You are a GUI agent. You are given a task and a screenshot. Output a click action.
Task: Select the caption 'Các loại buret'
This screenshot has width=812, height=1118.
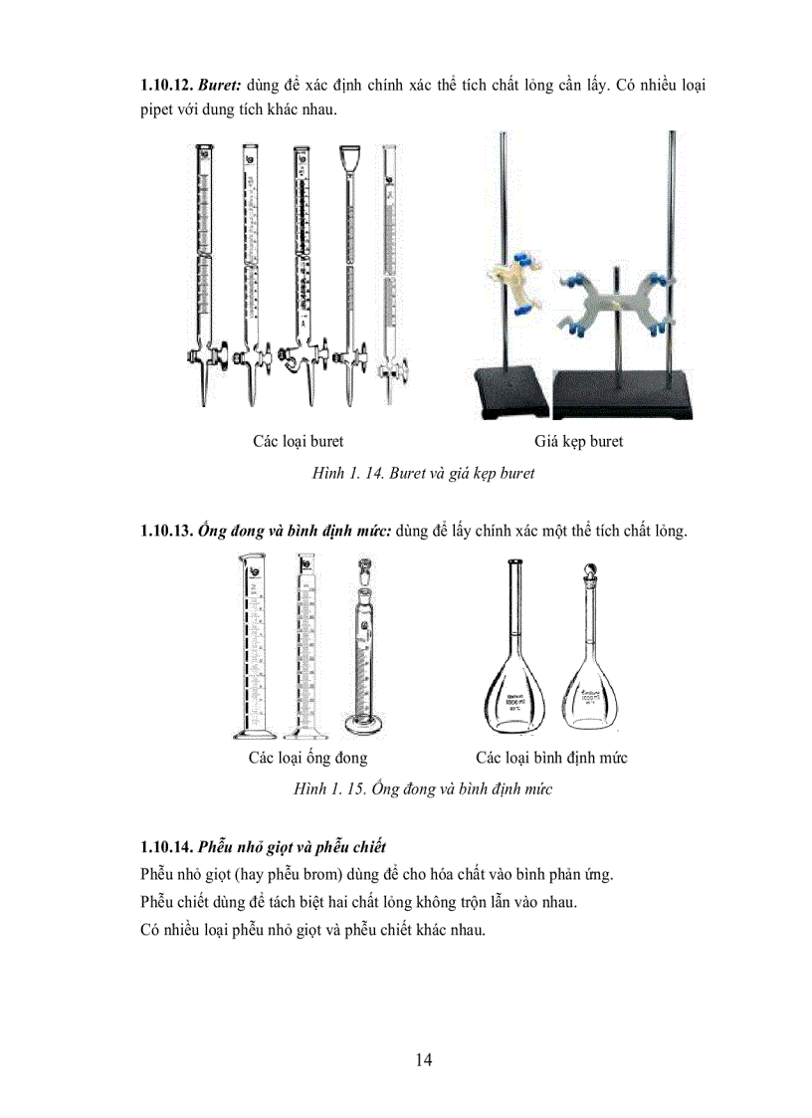click(x=299, y=441)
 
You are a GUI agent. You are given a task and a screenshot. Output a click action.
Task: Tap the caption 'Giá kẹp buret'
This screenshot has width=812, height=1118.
click(x=578, y=441)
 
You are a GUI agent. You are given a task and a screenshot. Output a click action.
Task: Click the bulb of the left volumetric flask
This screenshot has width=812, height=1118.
click(x=514, y=696)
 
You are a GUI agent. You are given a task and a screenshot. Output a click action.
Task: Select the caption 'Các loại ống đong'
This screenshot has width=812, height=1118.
click(x=307, y=758)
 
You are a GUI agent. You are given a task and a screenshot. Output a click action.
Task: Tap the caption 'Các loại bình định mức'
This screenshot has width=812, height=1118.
click(x=550, y=758)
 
